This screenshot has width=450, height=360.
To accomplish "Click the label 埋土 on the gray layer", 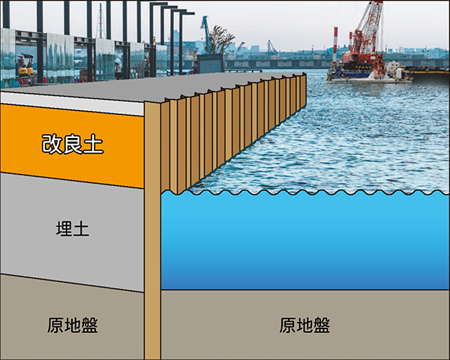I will [73, 229].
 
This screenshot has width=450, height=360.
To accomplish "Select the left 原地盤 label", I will [73, 325].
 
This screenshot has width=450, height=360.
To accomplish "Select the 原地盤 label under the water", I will [304, 325].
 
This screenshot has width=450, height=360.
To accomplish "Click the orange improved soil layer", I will [112, 161].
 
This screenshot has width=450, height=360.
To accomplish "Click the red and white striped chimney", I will [335, 45].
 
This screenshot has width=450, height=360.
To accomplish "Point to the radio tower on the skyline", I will [100, 22].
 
